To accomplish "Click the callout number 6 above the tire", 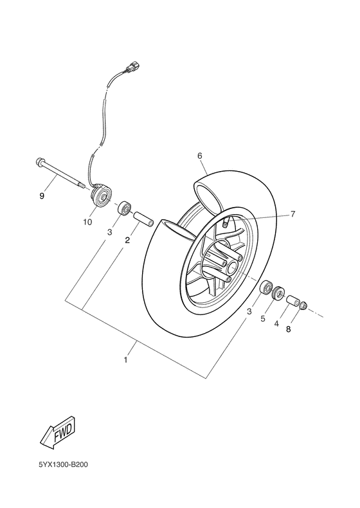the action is click(199, 156).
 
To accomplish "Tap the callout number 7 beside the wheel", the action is click(292, 214).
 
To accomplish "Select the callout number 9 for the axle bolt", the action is click(42, 196).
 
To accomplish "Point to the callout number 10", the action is click(87, 222).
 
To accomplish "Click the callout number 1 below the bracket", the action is click(126, 360).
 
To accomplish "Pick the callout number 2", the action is click(127, 240).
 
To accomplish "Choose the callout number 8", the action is click(289, 329).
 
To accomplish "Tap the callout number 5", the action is click(263, 319).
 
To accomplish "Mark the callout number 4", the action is click(276, 323).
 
